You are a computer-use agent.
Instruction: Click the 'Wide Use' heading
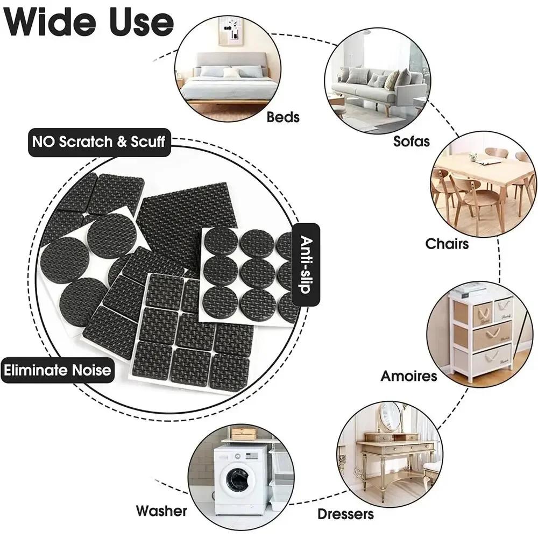point(89,22)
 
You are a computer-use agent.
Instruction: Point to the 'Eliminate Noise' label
point(58,370)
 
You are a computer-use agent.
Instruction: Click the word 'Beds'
point(283,117)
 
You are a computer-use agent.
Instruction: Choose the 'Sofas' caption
point(412,141)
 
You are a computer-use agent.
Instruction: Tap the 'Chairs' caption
point(447,244)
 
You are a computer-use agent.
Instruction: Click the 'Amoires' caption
point(409,376)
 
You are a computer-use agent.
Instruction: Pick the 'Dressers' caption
point(345,514)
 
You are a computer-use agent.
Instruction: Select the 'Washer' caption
point(161,511)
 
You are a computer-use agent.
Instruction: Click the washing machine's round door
point(238,479)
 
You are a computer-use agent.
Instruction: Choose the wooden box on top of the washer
point(243,434)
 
